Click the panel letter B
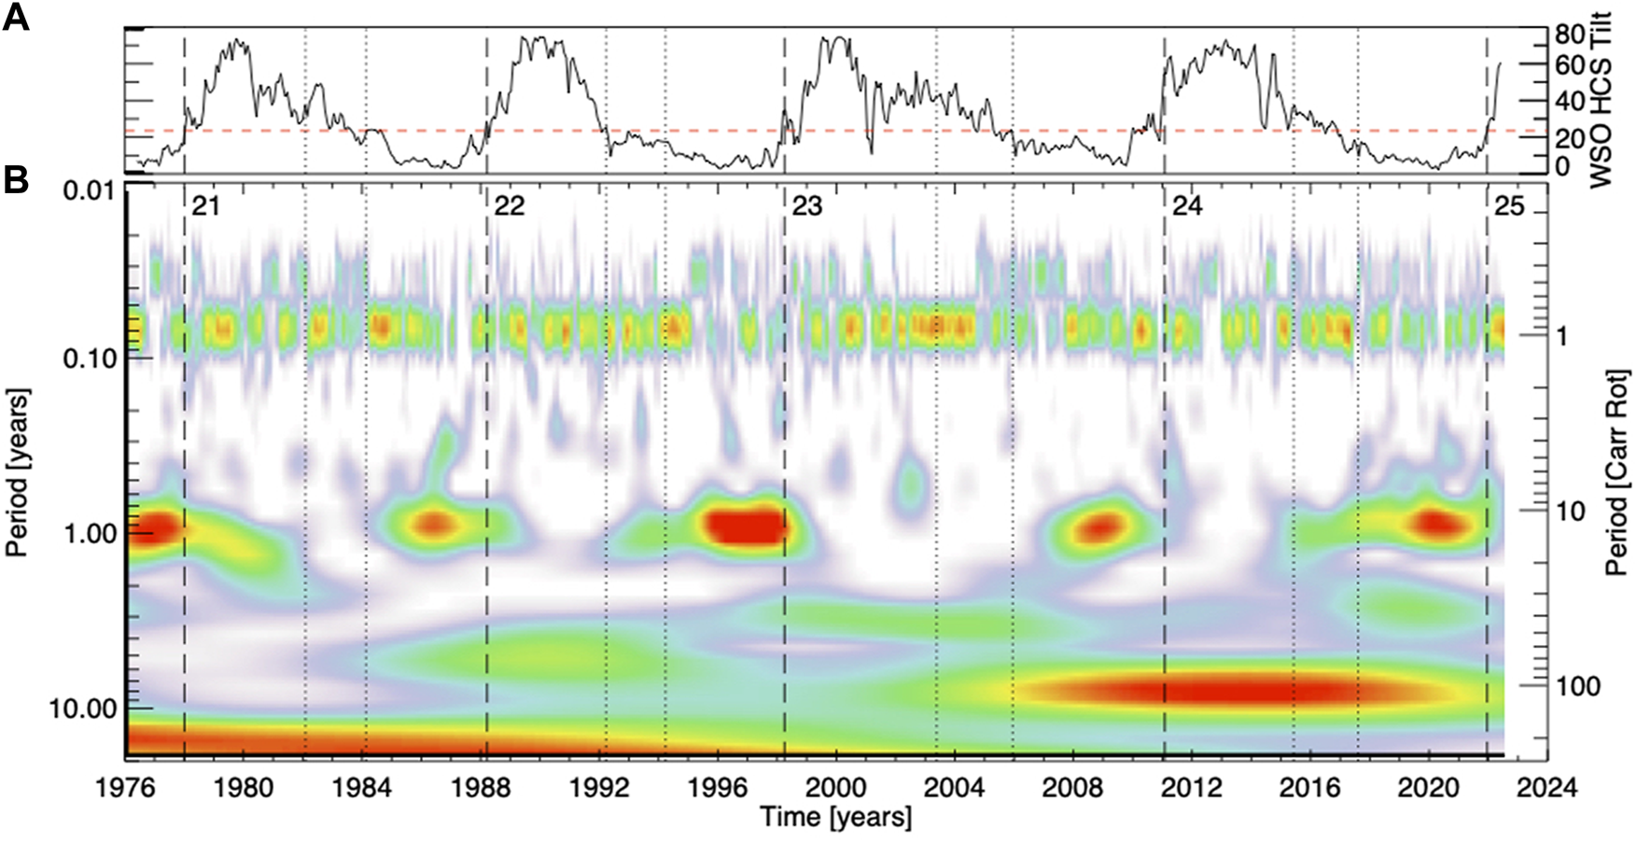tap(16, 180)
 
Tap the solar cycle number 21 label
tap(205, 206)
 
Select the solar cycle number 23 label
tap(806, 206)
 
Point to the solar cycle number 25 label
tap(1508, 206)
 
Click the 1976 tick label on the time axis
tap(125, 789)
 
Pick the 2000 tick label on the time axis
tap(835, 789)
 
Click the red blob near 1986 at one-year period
tap(432, 523)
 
